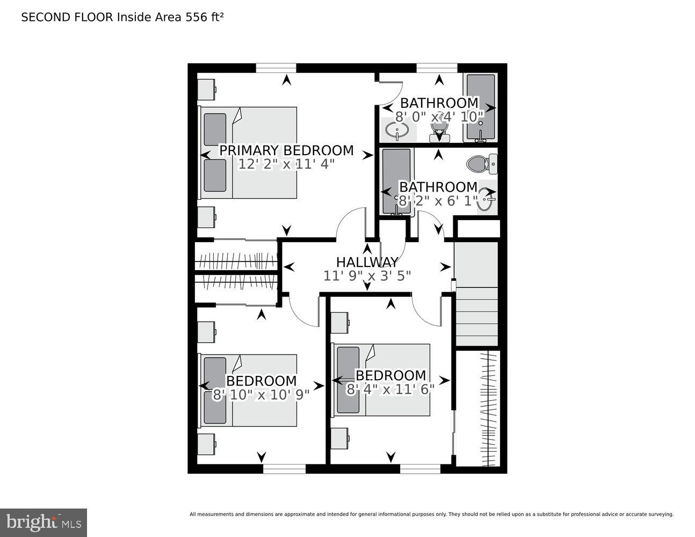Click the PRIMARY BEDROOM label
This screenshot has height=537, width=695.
286,150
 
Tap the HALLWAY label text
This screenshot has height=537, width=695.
367,262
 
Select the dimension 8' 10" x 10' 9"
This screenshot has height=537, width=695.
261,395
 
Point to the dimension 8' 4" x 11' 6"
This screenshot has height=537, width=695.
390,389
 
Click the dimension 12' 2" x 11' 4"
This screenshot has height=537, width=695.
286,164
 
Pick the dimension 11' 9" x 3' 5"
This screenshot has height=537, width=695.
367,276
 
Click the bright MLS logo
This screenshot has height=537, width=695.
43,522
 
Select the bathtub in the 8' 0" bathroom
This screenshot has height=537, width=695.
480,107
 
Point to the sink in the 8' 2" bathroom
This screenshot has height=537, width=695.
487,200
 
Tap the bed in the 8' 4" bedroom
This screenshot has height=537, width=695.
383,380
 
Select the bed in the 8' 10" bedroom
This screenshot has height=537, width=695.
249,390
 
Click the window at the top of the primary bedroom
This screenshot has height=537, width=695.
276,68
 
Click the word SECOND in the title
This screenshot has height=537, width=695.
40,17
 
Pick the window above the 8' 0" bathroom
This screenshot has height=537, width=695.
437,68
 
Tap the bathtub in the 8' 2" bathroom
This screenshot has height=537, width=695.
396,182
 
